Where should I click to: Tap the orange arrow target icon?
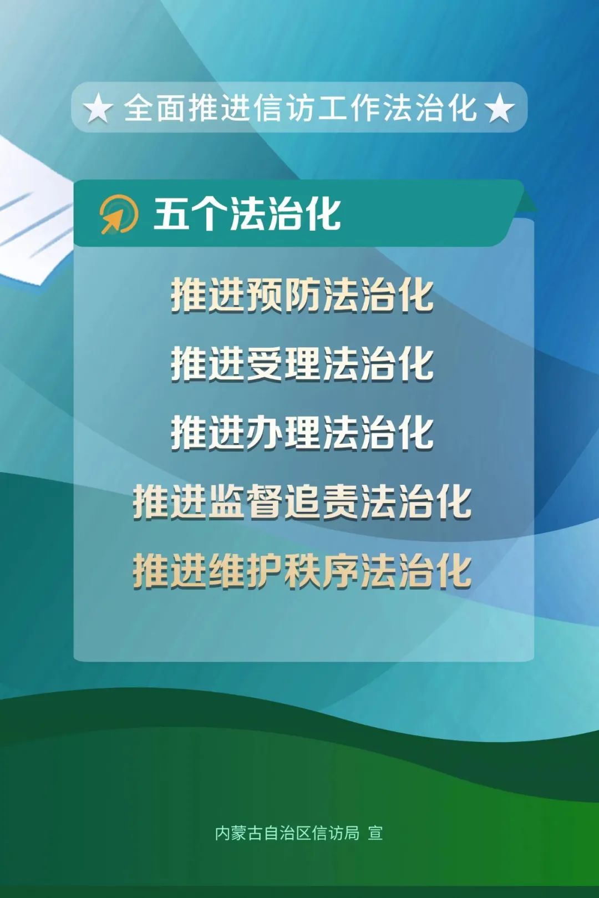(x=119, y=214)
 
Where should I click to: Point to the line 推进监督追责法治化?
(x=302, y=502)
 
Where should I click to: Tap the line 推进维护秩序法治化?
(x=302, y=571)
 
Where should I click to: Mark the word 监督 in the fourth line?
(x=246, y=502)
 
